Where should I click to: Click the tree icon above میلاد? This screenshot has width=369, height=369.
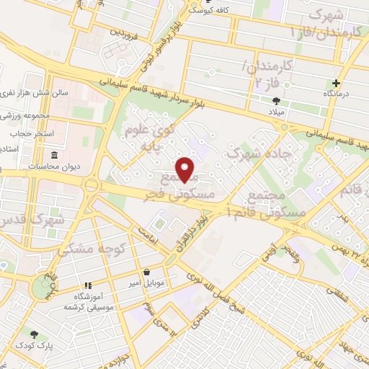(x=276, y=101)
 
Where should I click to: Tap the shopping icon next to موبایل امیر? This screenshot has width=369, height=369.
(x=148, y=272)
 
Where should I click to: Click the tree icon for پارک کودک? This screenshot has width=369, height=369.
(x=33, y=333)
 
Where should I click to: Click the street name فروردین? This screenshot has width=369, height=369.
(x=124, y=32)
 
